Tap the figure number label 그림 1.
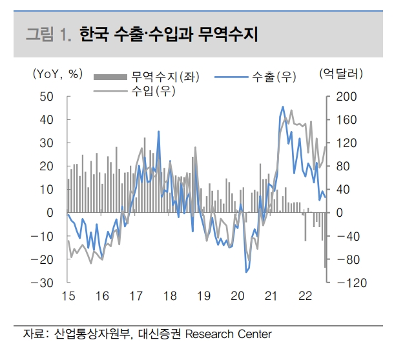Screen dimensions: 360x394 point(49,34)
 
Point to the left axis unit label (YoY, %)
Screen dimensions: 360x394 point(57,74)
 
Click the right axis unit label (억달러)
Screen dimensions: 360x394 point(342,74)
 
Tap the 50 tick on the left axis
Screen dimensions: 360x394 point(46,96)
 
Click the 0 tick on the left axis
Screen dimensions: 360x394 point(50,213)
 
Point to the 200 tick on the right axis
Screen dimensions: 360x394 point(346,96)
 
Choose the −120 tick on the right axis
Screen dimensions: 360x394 point(347,283)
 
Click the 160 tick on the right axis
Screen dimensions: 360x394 point(346,119)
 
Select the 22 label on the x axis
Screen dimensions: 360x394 point(305,297)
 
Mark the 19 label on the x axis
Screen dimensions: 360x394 point(203,297)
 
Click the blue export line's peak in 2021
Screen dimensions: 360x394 point(284,106)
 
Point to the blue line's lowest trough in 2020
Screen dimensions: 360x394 point(246,272)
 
